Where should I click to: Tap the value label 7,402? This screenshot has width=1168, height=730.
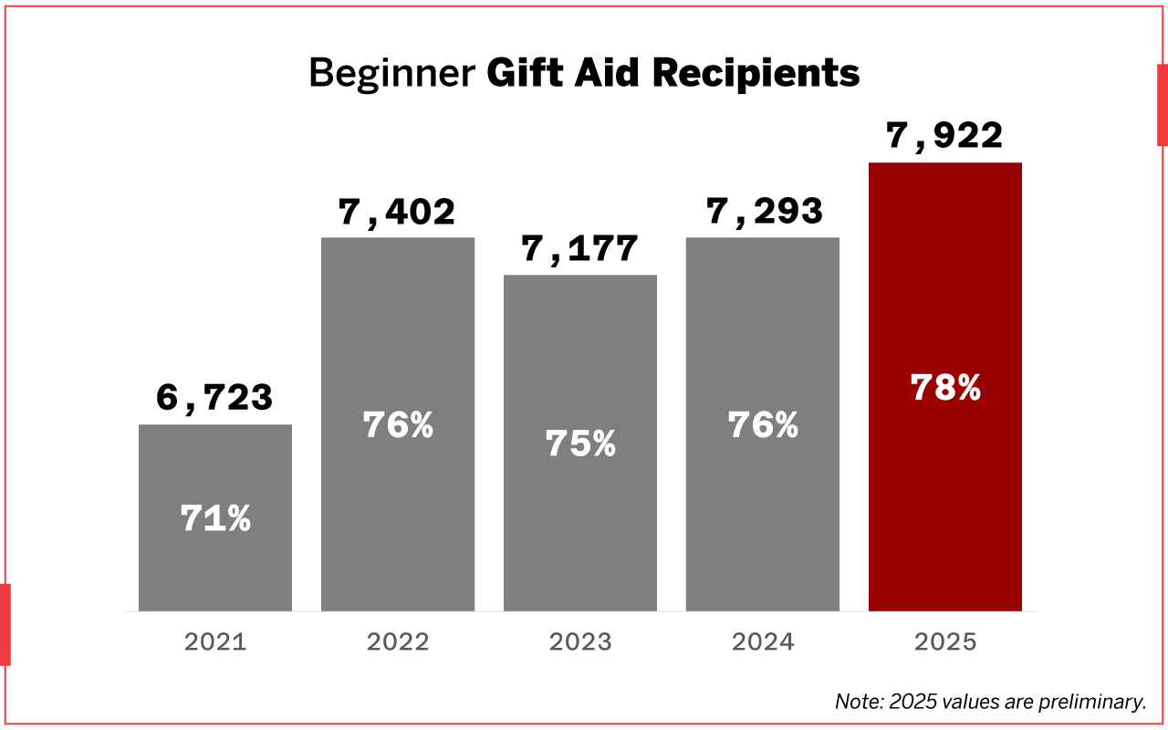[x=397, y=213]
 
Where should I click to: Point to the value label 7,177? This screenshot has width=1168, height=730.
[x=579, y=249]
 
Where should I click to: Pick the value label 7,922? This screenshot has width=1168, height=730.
[x=945, y=137]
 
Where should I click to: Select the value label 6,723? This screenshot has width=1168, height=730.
[x=215, y=399]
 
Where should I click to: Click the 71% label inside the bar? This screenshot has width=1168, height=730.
[x=215, y=518]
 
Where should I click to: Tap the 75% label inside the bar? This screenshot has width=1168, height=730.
[x=580, y=443]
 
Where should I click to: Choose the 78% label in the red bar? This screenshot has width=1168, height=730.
[x=945, y=388]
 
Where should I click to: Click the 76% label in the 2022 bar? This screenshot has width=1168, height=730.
[x=398, y=425]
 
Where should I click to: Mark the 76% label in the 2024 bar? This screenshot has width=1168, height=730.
[x=763, y=425]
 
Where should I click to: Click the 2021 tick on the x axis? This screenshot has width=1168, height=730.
[x=215, y=641]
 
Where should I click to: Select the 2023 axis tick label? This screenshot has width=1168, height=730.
[x=580, y=641]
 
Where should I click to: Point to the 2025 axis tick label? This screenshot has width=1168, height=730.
[x=945, y=641]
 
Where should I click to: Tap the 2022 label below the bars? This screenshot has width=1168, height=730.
[x=398, y=641]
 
